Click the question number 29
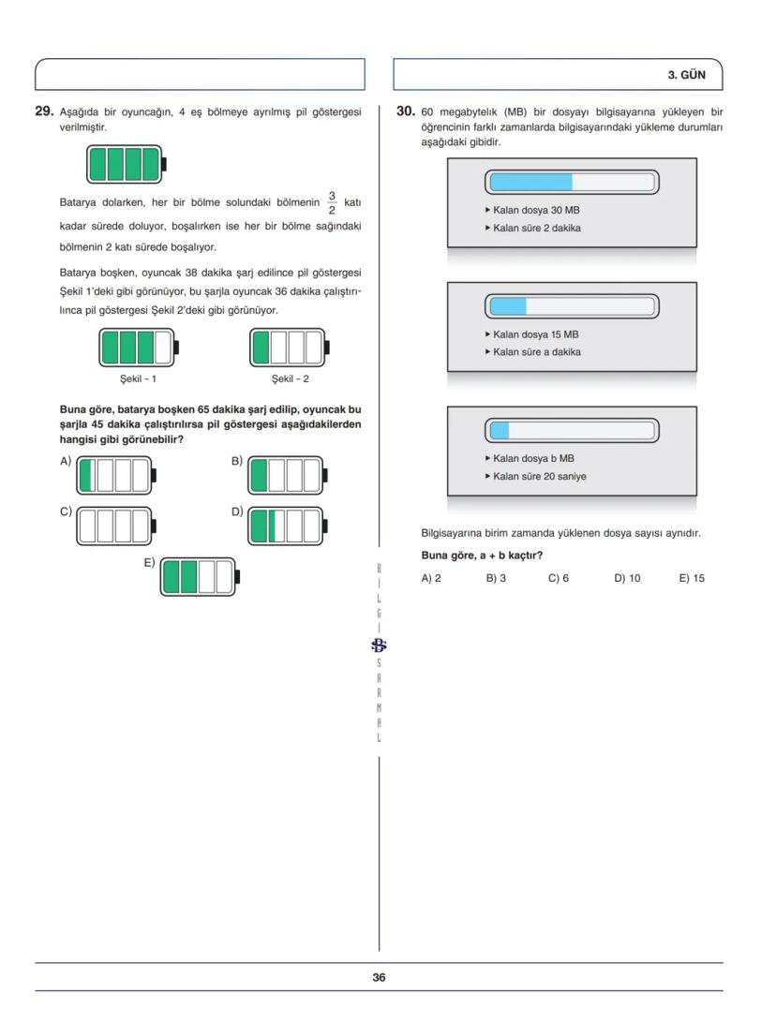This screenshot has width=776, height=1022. [x=43, y=111]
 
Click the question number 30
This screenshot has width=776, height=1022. [x=405, y=111]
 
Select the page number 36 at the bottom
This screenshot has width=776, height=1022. [x=379, y=977]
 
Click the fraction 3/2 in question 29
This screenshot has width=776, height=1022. [x=331, y=201]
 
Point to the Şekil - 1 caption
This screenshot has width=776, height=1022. [x=137, y=378]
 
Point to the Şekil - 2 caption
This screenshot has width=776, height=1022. [x=290, y=378]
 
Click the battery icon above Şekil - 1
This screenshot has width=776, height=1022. [x=139, y=348]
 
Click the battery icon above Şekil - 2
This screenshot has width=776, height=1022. [x=291, y=348]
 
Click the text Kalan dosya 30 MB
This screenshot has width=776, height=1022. [x=530, y=210]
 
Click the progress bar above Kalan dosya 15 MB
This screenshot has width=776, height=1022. [x=572, y=305]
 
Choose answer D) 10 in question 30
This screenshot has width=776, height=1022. [x=627, y=578]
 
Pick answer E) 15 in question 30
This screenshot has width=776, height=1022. [x=692, y=578]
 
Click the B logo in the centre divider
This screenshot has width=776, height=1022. [x=379, y=644]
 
